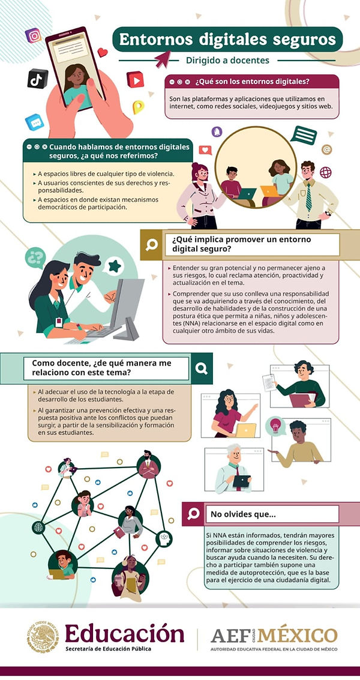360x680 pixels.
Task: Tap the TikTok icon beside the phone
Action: [x=37, y=78]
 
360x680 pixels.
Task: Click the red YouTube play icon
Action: [x=135, y=79]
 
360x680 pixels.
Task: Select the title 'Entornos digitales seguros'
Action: [x=227, y=40]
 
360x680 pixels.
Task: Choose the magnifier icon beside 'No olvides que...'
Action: [x=193, y=514]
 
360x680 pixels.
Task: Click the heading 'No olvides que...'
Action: [x=243, y=514]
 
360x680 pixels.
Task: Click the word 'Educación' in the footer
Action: [x=124, y=633]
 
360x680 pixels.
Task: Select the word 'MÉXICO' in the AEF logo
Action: [x=303, y=634]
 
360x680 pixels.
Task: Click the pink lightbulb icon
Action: [x=277, y=424]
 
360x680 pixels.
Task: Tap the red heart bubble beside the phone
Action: [x=102, y=53]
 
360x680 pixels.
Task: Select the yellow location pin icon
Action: [x=138, y=107]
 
